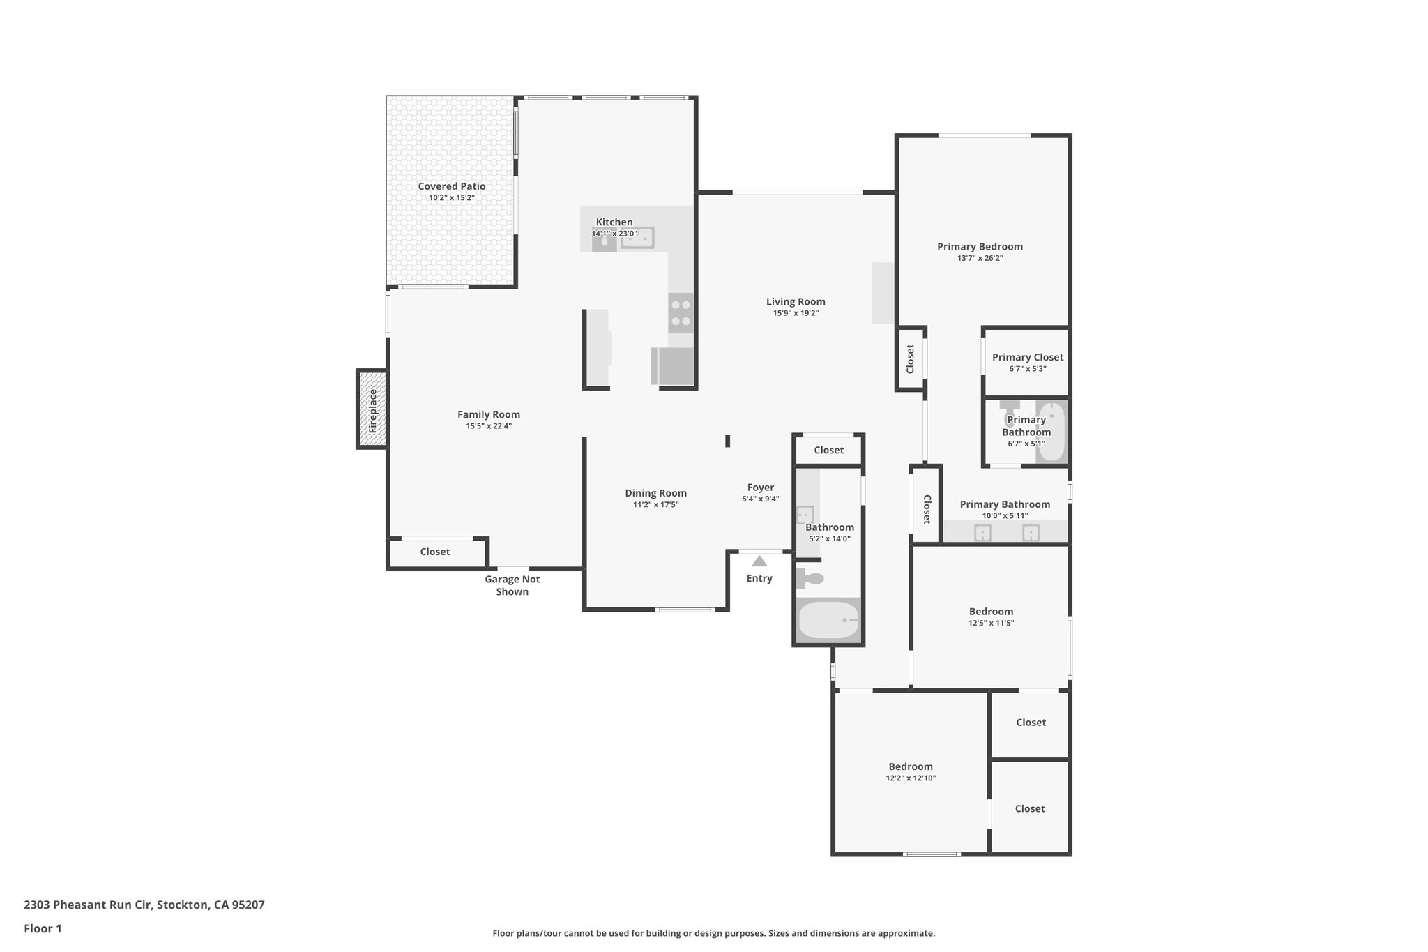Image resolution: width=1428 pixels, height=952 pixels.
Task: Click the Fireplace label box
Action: tap(372, 409)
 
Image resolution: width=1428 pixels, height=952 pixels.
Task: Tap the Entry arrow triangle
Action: tap(759, 561)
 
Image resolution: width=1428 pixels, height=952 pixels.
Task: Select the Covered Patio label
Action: tap(452, 186)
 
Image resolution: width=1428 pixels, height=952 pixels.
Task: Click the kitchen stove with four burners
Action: tap(681, 313)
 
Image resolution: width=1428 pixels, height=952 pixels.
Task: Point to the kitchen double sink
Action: tap(637, 239)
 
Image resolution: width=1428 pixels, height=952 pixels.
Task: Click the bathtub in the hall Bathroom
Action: tap(828, 620)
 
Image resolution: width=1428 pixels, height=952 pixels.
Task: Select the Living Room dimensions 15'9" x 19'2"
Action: tap(796, 314)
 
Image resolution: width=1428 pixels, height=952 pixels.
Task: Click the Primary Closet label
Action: tap(1028, 357)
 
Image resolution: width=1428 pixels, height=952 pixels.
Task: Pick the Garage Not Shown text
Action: tap(512, 585)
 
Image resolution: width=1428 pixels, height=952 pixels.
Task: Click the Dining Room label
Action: tap(655, 493)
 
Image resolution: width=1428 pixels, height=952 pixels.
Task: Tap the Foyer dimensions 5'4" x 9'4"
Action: tap(760, 499)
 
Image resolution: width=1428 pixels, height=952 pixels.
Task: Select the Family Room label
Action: tap(489, 414)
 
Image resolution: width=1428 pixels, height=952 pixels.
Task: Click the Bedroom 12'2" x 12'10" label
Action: tap(911, 766)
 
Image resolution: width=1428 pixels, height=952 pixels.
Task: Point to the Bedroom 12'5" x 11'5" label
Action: tap(991, 612)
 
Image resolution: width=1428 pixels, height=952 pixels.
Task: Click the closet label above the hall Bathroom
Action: tap(829, 451)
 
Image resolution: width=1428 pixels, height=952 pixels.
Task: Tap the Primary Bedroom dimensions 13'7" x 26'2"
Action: tap(980, 259)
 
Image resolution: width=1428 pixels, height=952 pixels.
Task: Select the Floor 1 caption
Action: tap(43, 929)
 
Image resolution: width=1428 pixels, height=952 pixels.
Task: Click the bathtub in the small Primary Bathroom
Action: tap(1051, 432)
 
